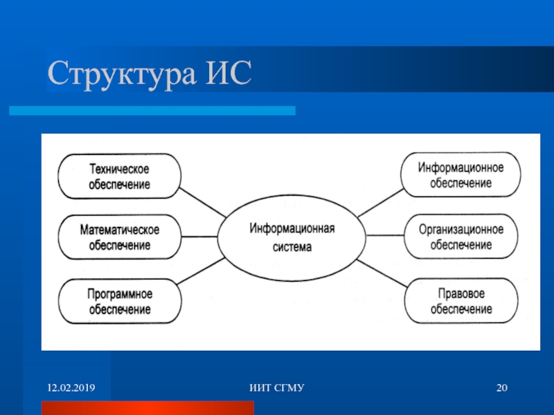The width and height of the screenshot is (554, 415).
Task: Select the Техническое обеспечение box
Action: pos(119,176)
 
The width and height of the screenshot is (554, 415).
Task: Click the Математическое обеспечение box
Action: pos(119,237)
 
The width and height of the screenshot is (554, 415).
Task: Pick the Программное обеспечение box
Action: pos(120,301)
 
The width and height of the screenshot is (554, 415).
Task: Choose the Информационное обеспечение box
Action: pos(461,175)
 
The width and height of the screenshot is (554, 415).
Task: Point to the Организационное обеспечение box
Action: pos(461,237)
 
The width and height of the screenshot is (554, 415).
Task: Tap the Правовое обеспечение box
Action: pos(461,301)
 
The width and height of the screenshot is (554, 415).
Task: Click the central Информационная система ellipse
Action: pos(292,237)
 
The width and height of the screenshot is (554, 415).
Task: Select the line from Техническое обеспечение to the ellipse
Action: pos(203,203)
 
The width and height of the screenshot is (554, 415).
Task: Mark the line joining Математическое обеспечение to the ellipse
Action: pos(199,237)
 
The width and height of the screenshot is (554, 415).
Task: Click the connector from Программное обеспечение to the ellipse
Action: pos(201,271)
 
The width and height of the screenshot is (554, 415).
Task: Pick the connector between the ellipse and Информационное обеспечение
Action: pos(380,203)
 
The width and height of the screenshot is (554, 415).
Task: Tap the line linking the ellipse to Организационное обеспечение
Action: pos(385,235)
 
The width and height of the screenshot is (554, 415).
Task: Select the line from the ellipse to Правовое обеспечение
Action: pos(382,273)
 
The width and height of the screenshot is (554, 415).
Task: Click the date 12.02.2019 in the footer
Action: pos(71,388)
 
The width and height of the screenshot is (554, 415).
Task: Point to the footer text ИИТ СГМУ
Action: pos(276,388)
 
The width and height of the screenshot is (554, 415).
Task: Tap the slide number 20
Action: pos(501,388)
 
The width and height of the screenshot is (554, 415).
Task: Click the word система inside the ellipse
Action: pos(292,247)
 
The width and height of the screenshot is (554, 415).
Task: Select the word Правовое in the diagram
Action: pos(461,293)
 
